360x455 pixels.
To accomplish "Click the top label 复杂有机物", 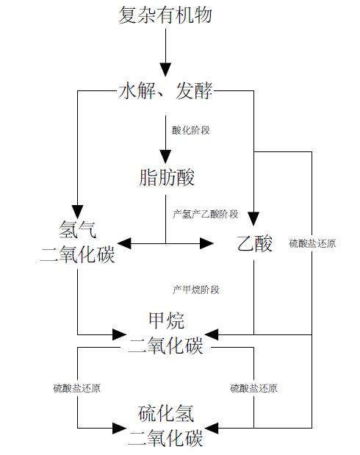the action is coord(165,15).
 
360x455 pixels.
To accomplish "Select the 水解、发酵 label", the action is coord(165,91).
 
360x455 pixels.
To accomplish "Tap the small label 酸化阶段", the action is coord(191,130).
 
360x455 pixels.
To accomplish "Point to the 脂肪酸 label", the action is coord(166,177).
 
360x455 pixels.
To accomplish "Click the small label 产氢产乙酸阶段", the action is coord(206,214).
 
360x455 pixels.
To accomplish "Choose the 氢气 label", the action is coord(77,229).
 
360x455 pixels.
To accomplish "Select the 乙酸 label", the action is coord(254,244).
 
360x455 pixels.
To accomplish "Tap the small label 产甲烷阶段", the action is coord(196,290).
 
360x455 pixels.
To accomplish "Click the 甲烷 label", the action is coord(166,320).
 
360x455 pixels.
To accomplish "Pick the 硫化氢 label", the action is coord(166,414).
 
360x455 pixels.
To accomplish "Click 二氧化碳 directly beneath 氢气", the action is coord(77,254).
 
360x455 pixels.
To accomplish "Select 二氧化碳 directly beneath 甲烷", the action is coord(165,345).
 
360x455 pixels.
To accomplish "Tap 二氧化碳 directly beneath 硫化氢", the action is coord(165,438).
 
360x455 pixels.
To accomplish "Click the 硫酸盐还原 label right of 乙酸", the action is coord(312,243).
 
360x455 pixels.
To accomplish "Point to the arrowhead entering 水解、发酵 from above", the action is coord(165,70).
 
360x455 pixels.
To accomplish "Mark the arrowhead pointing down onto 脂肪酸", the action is coord(165,157).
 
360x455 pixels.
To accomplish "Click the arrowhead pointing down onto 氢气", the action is coord(77,212).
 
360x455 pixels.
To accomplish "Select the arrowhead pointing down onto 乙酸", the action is coord(253,219).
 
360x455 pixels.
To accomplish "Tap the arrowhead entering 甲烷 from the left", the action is coord(119,334).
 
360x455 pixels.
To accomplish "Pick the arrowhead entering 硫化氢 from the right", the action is coord(212,428).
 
